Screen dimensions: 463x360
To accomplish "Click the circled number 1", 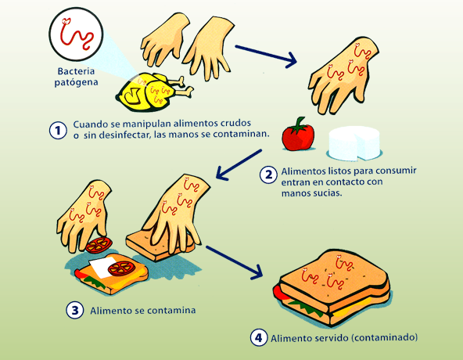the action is (58, 130).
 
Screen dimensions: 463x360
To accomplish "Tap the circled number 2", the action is (268, 175).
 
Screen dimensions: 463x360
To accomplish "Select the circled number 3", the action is (75, 310).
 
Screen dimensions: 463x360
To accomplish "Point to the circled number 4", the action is (259, 337).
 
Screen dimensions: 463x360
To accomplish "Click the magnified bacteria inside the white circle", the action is (77, 33).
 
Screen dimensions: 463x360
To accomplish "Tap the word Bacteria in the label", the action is (76, 71).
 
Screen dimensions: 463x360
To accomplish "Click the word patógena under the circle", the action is (76, 82).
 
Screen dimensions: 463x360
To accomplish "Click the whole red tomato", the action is (298, 135).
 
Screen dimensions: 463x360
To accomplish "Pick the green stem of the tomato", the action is (299, 125).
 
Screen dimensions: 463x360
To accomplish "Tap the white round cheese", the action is (354, 143).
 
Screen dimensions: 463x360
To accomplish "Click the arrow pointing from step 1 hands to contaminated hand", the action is (266, 56).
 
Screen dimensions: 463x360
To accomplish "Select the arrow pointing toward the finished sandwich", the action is (234, 262).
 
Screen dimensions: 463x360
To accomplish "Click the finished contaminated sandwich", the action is (332, 286).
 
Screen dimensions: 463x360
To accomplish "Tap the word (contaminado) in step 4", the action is (385, 337).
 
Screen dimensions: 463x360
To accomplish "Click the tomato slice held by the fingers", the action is (99, 245).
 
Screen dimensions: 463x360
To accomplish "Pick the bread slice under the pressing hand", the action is (160, 245).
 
